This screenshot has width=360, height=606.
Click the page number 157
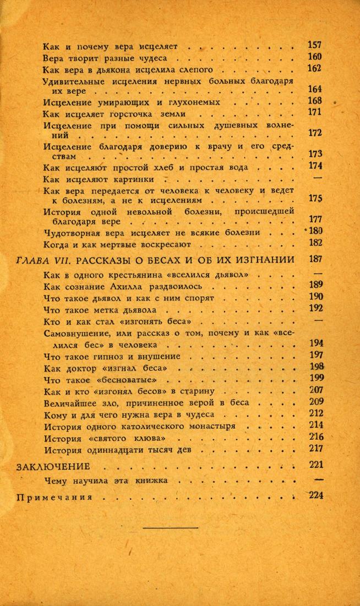[x=314, y=45]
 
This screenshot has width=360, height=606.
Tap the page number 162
[x=314, y=69]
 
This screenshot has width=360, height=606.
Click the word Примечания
[x=61, y=496]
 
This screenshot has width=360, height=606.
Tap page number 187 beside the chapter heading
[x=315, y=259]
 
